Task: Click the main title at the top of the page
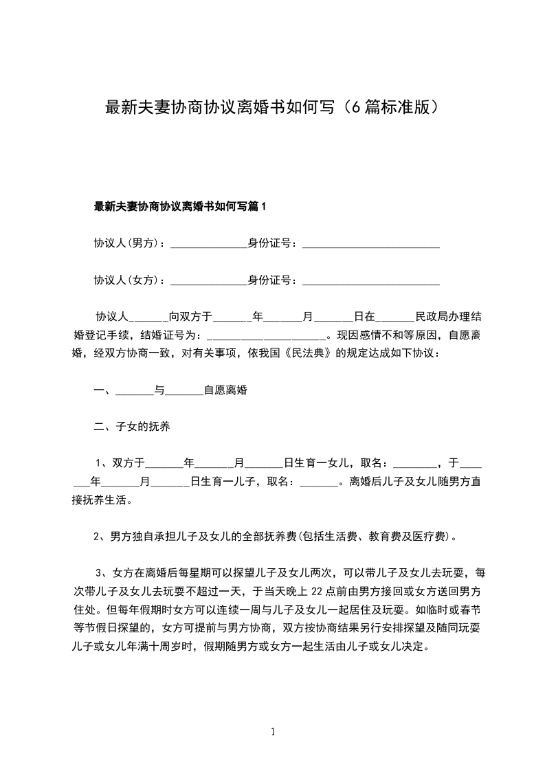click(x=272, y=107)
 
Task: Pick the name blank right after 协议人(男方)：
click(x=208, y=244)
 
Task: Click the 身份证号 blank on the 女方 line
click(x=370, y=281)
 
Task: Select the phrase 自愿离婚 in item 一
click(x=225, y=390)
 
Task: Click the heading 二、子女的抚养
click(x=132, y=427)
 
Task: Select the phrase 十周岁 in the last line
click(x=179, y=647)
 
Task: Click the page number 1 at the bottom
click(x=273, y=732)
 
